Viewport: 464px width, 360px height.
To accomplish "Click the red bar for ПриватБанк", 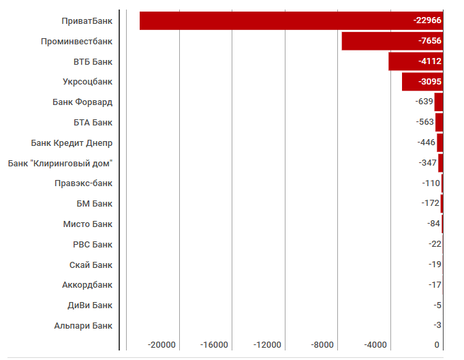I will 273,20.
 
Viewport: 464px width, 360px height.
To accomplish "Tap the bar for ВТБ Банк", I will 402,61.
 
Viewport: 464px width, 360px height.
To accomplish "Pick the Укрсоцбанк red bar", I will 409,82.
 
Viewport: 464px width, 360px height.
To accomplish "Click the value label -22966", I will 427,20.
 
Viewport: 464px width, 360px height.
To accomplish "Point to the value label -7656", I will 430,41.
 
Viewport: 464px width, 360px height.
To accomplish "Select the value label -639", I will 424,102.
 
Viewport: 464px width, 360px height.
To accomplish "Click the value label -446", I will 426,142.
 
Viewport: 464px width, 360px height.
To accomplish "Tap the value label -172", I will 430,203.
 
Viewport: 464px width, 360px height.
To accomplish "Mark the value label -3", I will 437,325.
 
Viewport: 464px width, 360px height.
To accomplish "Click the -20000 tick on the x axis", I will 162,345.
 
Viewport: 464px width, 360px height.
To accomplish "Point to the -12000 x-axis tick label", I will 268,345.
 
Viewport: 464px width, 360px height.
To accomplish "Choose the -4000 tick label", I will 375,345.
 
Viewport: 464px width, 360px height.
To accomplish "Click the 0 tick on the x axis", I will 437,345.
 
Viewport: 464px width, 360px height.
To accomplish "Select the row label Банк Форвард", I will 82,102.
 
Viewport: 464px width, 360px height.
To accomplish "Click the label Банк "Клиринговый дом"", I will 60,163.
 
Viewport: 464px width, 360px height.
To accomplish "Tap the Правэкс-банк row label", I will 84,183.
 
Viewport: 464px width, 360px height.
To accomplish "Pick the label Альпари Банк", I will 83,326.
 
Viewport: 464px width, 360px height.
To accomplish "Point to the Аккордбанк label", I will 87,285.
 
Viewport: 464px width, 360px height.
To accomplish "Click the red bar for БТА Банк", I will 439,122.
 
